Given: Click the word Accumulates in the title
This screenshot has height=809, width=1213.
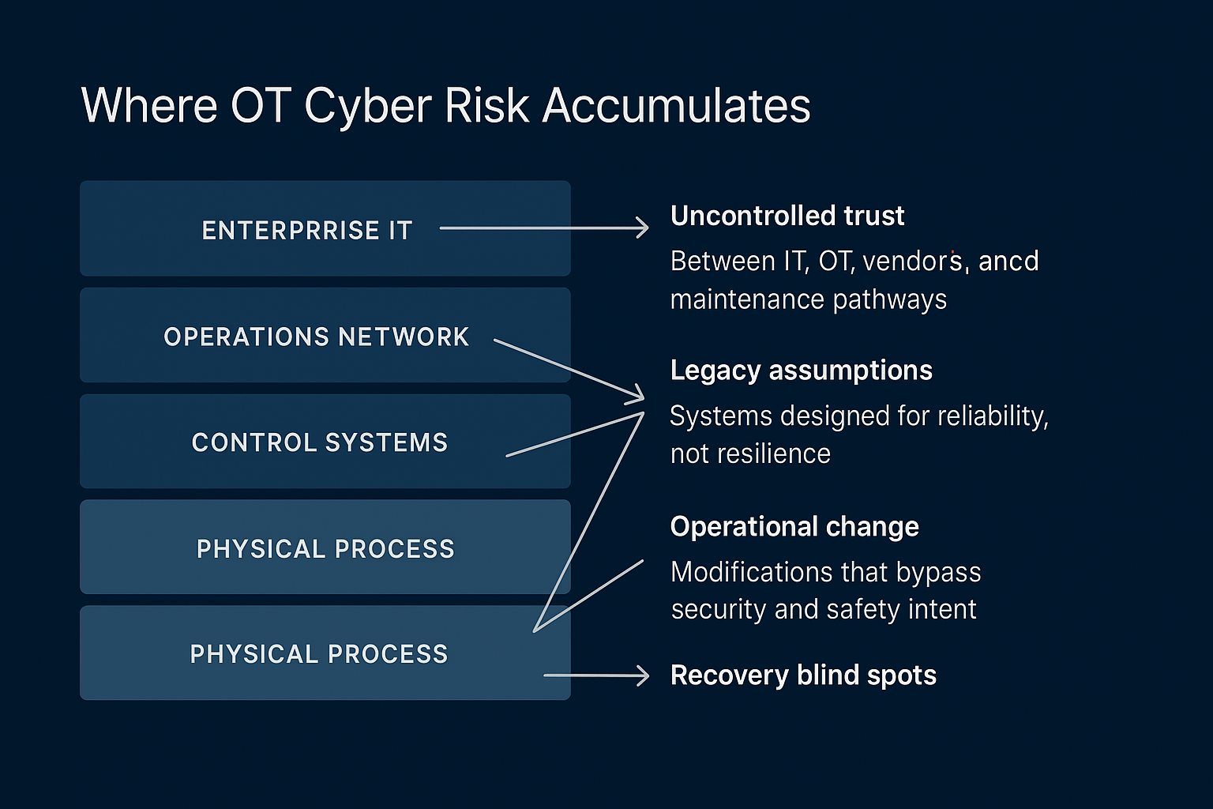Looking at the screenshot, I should click(x=676, y=105).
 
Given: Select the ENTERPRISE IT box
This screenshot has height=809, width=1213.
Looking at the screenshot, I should click(x=325, y=229).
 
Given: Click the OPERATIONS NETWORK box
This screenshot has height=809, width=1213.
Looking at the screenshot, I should click(x=325, y=336).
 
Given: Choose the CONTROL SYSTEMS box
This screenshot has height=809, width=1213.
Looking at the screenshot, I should click(x=325, y=442).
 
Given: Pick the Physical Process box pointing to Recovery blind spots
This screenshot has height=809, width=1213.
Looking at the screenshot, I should click(x=325, y=653).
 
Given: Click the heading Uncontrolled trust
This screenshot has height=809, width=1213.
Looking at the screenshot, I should click(x=787, y=216).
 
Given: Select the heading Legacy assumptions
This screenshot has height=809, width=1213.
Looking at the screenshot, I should click(x=801, y=370).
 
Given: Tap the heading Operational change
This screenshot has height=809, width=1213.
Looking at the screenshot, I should click(x=794, y=526).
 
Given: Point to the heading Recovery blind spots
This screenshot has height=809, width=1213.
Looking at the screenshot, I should click(x=802, y=675).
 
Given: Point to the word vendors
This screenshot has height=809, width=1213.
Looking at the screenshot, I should click(x=912, y=261).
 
